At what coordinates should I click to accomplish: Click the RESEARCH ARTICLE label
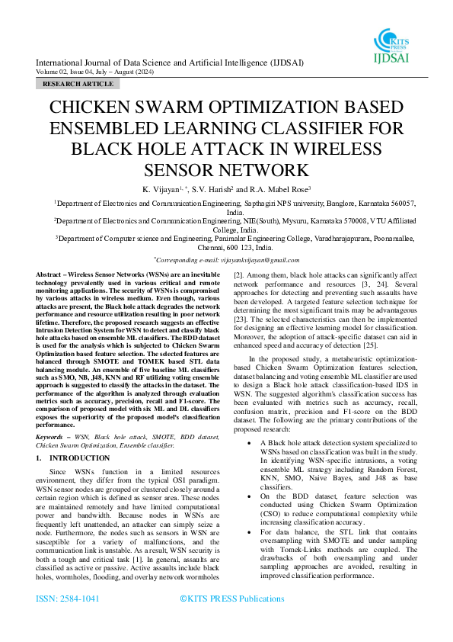coord(78,83)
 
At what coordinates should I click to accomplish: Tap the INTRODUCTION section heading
coord(79,458)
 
